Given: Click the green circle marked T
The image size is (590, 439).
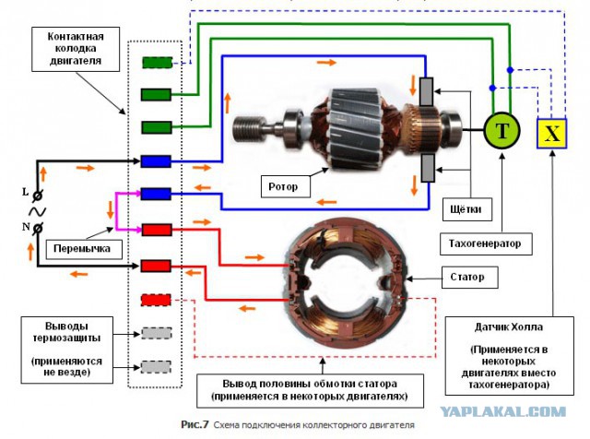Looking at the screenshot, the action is pos(501,130).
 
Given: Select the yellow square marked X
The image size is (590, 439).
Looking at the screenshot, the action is pos(551,134).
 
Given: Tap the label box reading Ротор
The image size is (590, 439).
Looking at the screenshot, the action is pos(285,186).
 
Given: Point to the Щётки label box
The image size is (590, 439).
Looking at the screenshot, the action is pos(467,209).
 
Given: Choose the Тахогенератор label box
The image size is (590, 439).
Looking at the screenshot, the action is pos(486,244).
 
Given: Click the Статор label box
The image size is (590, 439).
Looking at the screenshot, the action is pos(469,278).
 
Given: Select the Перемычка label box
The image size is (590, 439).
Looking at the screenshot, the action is pos(84,249).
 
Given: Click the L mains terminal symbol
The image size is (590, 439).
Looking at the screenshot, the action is pos(38,196).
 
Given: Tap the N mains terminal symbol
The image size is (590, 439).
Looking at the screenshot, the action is pos(38,228).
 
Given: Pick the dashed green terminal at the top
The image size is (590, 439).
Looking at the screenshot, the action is pos(158,63).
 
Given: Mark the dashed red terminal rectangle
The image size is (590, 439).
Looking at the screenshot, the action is pos(156,300).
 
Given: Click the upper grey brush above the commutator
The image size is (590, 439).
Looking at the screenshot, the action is pos(426,92).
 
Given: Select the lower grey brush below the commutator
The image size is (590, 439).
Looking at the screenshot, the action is pos(428,168).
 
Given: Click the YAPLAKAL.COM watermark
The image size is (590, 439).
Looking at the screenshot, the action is pos(503,411).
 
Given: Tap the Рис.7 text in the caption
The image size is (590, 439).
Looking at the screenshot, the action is pos(195,424).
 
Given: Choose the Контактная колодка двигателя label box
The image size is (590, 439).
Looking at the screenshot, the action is pos(76,49).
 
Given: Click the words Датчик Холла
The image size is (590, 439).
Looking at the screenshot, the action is pos(509,326).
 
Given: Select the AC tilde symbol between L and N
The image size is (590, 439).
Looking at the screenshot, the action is pos(38,211).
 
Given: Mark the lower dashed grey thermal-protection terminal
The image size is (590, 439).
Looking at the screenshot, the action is pos(156,367).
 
